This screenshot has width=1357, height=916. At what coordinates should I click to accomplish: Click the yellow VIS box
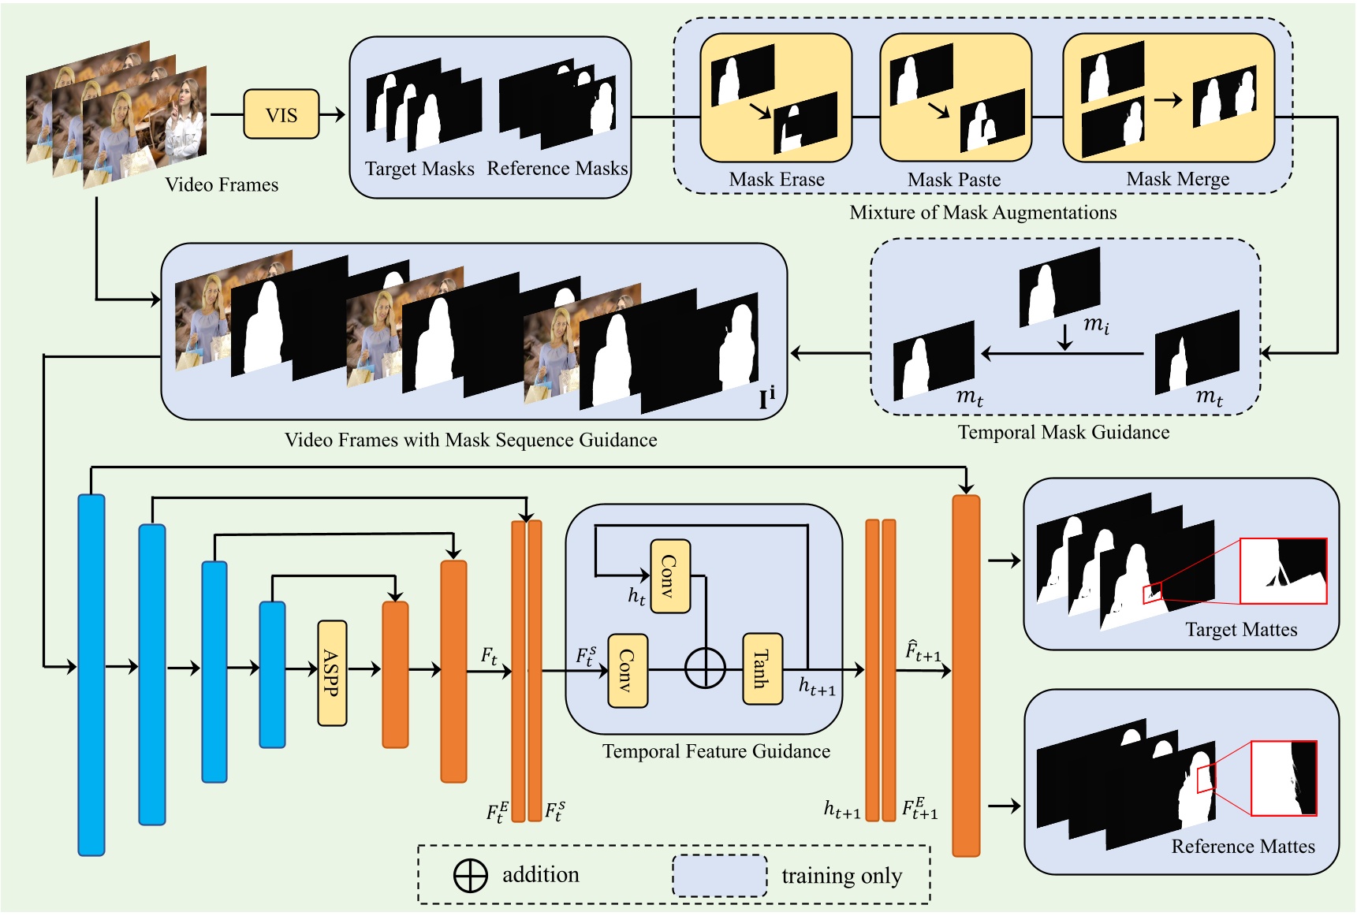[281, 115]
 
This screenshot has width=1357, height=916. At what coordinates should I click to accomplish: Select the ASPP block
[332, 672]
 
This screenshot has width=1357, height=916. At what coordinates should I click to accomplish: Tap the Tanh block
[762, 668]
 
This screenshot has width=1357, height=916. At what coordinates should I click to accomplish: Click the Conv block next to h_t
[670, 576]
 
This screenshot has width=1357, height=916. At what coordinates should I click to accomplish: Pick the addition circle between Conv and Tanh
[705, 669]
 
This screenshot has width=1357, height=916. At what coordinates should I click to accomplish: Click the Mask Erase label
[777, 180]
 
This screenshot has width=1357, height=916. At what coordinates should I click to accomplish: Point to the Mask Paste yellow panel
[956, 97]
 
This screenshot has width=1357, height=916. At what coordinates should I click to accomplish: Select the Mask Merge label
[1177, 180]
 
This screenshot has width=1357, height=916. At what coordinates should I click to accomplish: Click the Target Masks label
[419, 169]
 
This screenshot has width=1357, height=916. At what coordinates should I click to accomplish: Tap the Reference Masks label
[557, 169]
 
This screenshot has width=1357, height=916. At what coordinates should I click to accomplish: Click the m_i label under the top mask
[1096, 324]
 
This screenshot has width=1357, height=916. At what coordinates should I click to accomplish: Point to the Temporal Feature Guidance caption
[716, 751]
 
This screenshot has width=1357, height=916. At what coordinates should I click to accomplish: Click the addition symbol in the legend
[471, 875]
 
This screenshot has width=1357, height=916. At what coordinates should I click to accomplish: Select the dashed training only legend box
[719, 876]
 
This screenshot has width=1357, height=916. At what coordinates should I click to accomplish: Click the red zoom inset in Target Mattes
[1283, 571]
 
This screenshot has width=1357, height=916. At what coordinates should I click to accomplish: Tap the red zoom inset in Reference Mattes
[1283, 777]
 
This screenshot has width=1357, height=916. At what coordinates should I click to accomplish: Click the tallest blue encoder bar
[91, 675]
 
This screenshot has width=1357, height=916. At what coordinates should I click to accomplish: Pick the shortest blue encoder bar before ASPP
[272, 675]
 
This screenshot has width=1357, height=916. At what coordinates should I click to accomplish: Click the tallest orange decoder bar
[966, 675]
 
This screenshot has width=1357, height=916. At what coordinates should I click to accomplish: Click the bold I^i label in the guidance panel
[766, 398]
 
